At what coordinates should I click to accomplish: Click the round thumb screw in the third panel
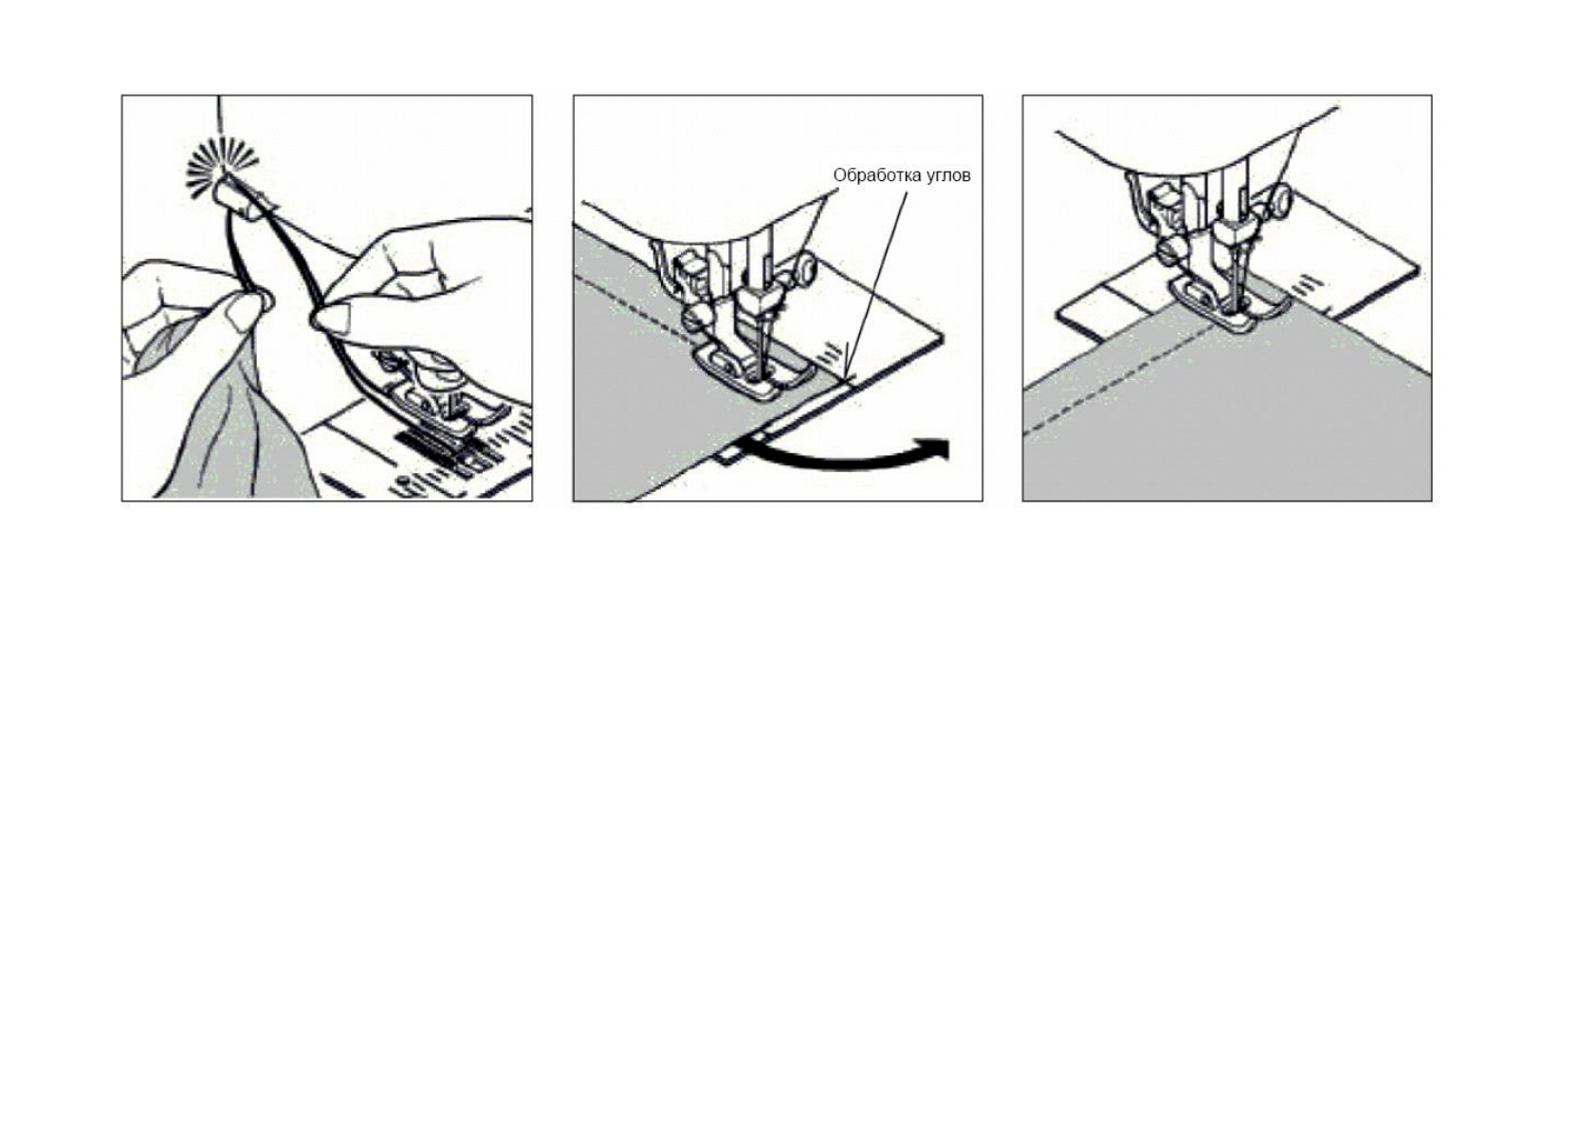[x=1280, y=200]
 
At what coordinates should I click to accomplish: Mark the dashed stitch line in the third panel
[x=1119, y=379]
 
